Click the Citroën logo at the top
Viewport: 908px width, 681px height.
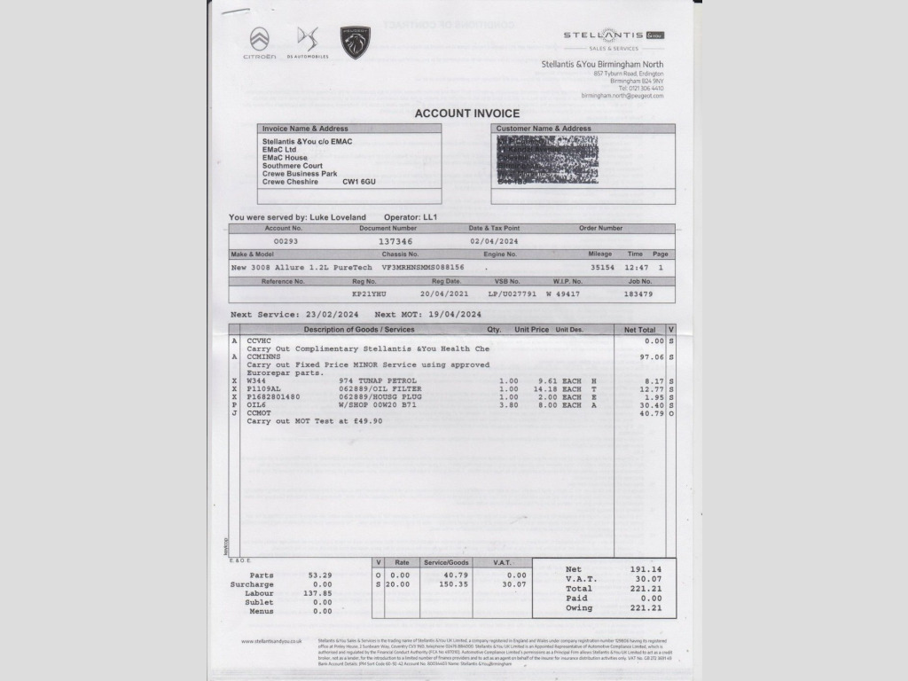pos(260,40)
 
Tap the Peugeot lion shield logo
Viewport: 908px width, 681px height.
pos(356,43)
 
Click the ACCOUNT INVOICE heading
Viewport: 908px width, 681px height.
pos(467,113)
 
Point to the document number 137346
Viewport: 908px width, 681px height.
pos(395,241)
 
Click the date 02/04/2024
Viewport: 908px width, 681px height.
pos(494,241)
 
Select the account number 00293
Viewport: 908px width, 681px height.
pos(286,241)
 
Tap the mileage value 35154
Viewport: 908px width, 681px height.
pos(603,267)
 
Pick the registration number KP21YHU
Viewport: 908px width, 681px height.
pos(369,294)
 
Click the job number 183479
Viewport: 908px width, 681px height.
pos(638,294)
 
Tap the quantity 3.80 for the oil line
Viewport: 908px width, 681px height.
pos(508,404)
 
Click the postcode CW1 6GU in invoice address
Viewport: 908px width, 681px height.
pos(359,182)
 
